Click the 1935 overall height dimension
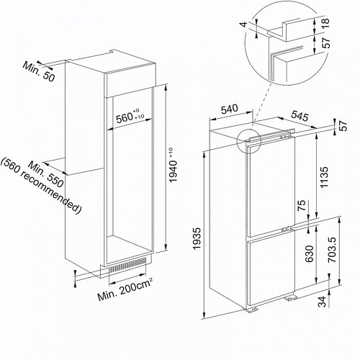pos(197,239)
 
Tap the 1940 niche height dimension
pos(174,165)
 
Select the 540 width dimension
pos(229,109)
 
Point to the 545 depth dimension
pos(300,116)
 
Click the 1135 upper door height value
pos(324,177)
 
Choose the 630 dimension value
pos(309,253)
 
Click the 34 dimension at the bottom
pos(322,302)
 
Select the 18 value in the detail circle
pos(325,24)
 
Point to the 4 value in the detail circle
pos(244,24)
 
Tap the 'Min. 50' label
pos(39,71)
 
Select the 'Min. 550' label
pos(45,174)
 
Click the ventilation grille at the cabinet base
pos(127,265)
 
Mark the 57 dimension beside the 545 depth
pos(344,125)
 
